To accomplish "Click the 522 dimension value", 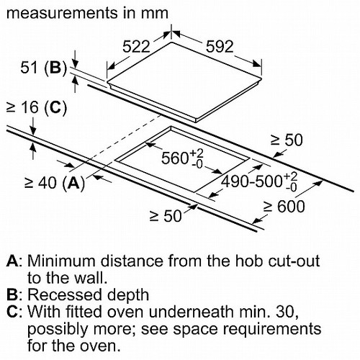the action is click(x=136, y=46).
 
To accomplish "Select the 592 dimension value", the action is click(x=220, y=46).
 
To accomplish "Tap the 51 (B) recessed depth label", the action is click(x=43, y=68).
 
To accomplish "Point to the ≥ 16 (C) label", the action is click(x=37, y=107).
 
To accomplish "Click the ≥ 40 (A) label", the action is click(x=55, y=184).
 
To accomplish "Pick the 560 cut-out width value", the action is click(x=182, y=158).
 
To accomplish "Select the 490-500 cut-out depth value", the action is click(x=259, y=181).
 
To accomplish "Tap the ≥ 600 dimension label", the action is click(x=284, y=207).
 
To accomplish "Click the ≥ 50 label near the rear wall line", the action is click(x=287, y=140).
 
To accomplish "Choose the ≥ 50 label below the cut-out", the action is click(x=166, y=216).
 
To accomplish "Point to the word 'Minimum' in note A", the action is click(x=63, y=261).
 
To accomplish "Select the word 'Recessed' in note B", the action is click(x=65, y=294).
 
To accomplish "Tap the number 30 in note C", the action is click(x=287, y=312).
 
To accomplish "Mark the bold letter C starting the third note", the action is click(x=12, y=312).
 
